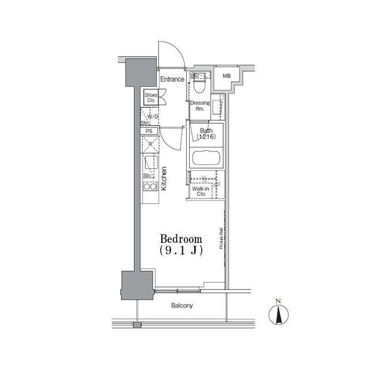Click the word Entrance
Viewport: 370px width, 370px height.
click(x=172, y=79)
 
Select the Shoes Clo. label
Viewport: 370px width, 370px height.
click(x=151, y=98)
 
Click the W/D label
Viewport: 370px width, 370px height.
click(x=153, y=117)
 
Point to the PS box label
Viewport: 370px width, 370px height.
click(x=149, y=131)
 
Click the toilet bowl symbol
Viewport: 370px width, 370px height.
click(x=199, y=86)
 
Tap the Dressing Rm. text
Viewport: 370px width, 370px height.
click(x=200, y=106)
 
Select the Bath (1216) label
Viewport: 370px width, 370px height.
click(x=206, y=134)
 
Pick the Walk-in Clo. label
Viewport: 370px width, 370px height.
click(x=199, y=191)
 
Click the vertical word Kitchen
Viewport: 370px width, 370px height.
click(x=164, y=179)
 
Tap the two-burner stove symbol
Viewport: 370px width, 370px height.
click(x=150, y=187)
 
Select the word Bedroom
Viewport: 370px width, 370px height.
click(x=181, y=239)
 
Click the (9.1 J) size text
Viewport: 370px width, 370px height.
click(x=181, y=251)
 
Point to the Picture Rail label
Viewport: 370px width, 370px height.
click(x=221, y=239)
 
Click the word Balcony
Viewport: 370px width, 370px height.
click(x=182, y=306)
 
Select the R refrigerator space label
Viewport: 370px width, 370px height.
click(x=150, y=143)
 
